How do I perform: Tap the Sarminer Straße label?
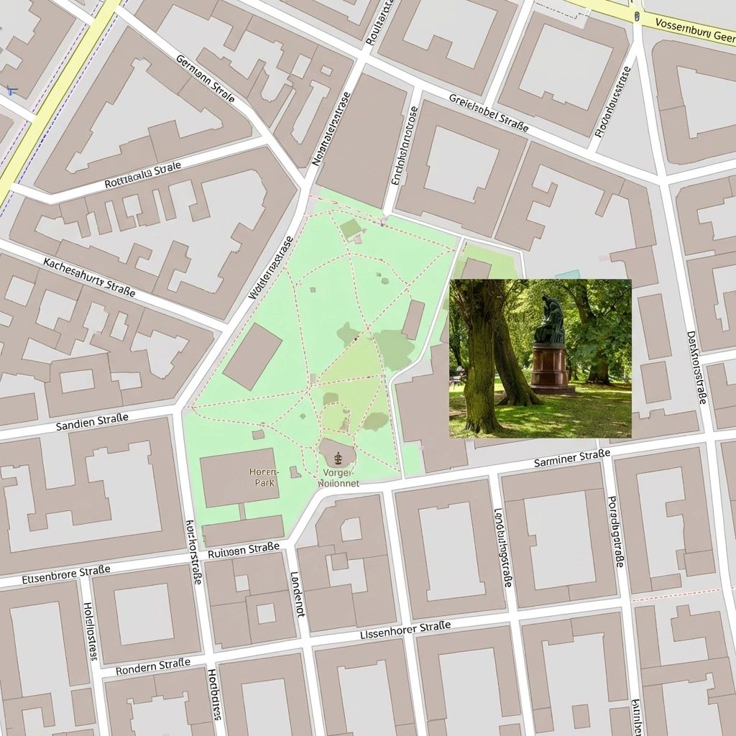coord(572,458)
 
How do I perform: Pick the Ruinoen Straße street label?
coord(243,551)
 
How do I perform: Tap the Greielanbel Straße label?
coord(489,113)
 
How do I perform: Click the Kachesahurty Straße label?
coord(89,277)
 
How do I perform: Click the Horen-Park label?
coord(262,477)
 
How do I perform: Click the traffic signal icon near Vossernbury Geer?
coord(637,14)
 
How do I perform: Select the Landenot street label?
coord(296,594)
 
